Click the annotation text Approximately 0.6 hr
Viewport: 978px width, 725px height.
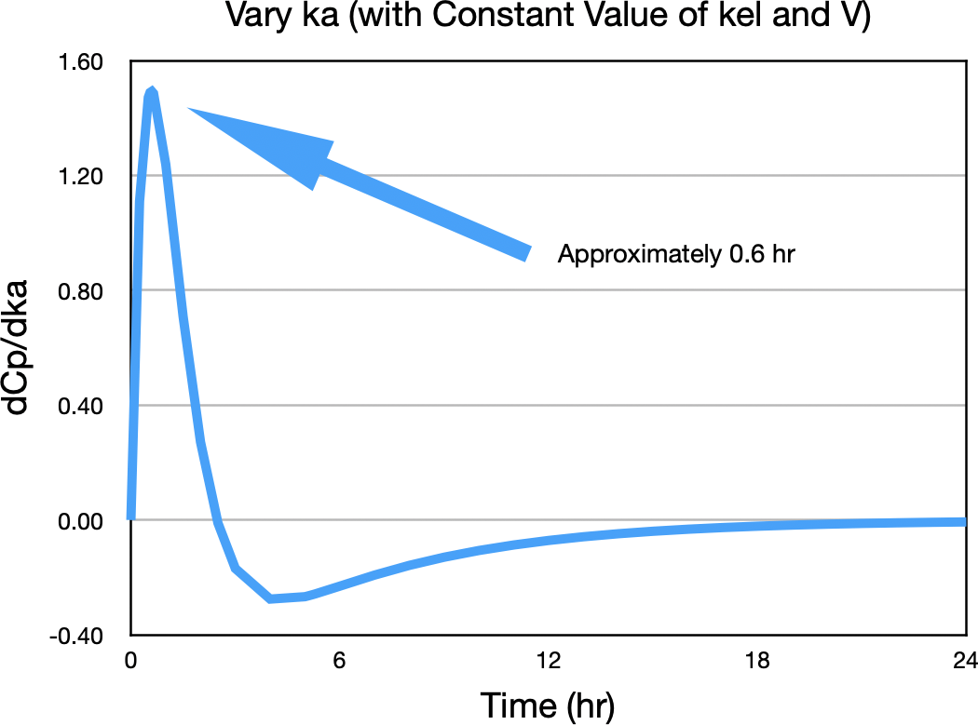(x=675, y=254)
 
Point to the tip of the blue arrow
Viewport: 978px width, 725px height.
(x=189, y=109)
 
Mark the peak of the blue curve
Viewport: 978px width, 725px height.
(x=151, y=90)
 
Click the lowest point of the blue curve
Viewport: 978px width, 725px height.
(x=270, y=598)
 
